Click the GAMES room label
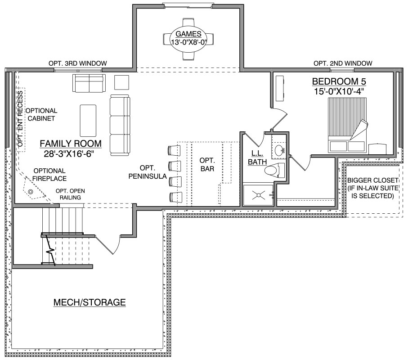(x=188, y=34)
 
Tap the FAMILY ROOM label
(x=71, y=144)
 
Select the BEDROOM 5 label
(x=339, y=81)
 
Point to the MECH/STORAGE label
(x=90, y=302)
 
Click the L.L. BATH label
(x=257, y=157)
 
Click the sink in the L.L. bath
(x=279, y=150)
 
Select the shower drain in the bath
(x=259, y=195)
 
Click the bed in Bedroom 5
(x=347, y=125)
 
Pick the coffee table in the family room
(x=88, y=121)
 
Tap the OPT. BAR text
(x=207, y=165)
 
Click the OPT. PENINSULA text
(x=148, y=172)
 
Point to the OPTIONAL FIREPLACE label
(x=49, y=175)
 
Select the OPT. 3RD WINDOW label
(x=78, y=63)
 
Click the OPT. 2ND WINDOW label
(x=343, y=63)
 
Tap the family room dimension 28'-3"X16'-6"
(x=69, y=154)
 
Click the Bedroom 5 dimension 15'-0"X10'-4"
(x=339, y=92)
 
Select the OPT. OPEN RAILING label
(x=70, y=194)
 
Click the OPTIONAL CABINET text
(x=41, y=115)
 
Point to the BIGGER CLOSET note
(x=372, y=188)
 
